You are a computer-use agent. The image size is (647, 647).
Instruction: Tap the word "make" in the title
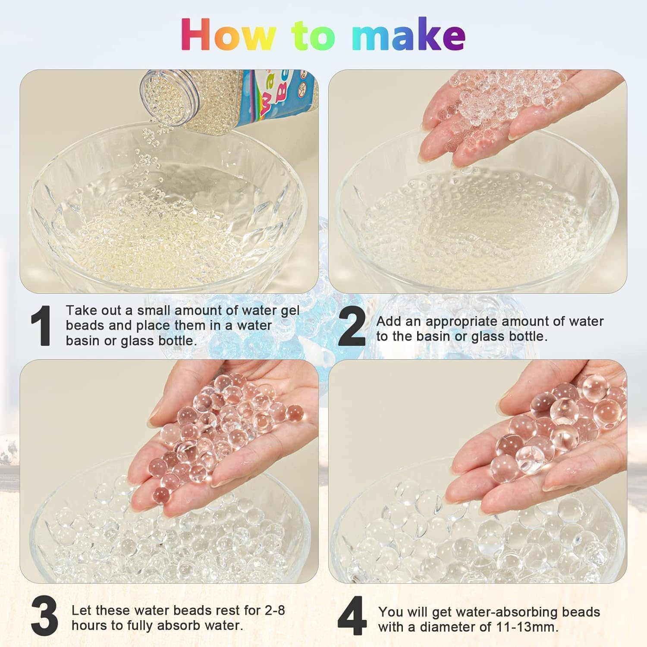(x=408, y=35)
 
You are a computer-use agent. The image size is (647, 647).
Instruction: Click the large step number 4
(x=352, y=618)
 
